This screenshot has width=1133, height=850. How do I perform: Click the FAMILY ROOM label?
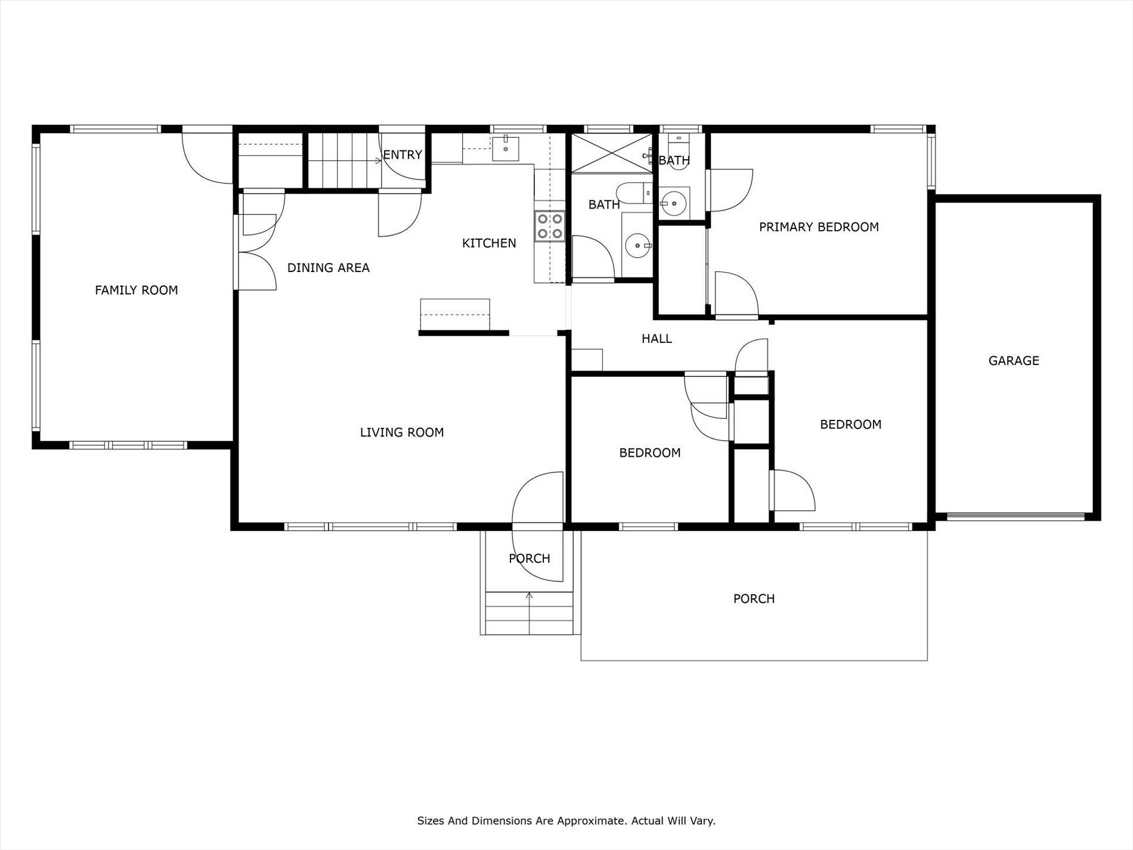[136, 290]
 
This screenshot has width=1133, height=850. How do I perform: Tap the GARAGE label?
[1013, 360]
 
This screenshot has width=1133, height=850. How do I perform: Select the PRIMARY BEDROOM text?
[818, 227]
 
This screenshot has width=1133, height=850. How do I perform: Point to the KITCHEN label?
[488, 243]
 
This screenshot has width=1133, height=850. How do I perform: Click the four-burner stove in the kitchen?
[549, 227]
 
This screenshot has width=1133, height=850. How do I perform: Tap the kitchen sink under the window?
[505, 145]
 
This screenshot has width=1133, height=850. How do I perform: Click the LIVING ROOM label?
[401, 432]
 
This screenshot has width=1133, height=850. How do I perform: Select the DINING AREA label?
[328, 268]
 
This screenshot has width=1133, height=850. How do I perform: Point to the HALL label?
[656, 339]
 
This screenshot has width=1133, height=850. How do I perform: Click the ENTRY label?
[402, 155]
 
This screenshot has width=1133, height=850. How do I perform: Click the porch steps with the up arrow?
[528, 613]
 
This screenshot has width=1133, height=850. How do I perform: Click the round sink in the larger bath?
[637, 245]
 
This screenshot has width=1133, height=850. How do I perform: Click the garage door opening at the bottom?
[1015, 517]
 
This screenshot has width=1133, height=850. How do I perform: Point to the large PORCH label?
[753, 599]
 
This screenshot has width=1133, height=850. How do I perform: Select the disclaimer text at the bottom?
[566, 821]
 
